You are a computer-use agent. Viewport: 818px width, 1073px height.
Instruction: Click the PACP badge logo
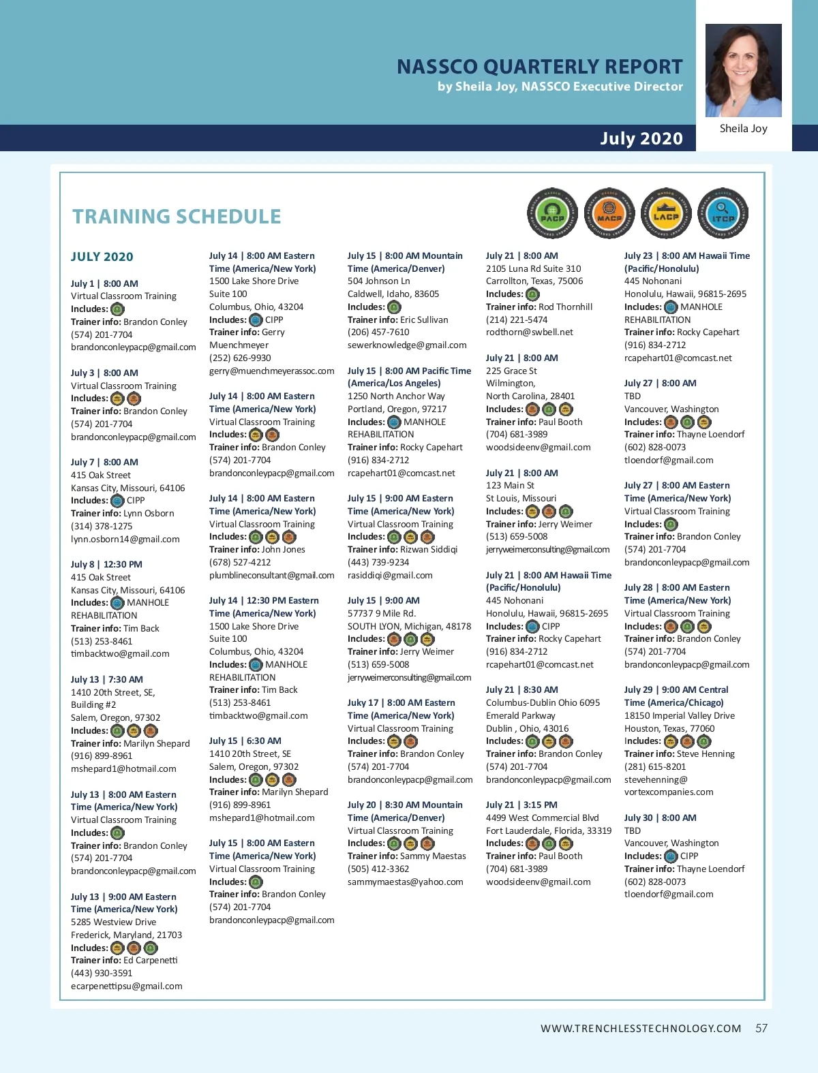click(x=552, y=214)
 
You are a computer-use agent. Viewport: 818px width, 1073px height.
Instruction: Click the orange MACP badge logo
click(x=609, y=214)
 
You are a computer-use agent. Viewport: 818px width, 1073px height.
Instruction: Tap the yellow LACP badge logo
click(x=666, y=214)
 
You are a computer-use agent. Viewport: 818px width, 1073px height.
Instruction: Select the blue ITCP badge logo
click(x=723, y=214)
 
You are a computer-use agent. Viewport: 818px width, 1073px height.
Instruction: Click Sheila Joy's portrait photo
click(x=743, y=70)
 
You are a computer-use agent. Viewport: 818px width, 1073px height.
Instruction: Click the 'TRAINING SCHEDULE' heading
click(x=177, y=217)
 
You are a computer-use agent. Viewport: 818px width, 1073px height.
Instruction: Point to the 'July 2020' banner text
click(x=641, y=138)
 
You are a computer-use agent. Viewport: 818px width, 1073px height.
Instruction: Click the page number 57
click(x=761, y=1028)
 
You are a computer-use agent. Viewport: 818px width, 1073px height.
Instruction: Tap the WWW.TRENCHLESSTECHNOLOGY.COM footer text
click(x=641, y=1029)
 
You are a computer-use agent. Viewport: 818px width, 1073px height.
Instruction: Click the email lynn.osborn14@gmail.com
click(x=125, y=539)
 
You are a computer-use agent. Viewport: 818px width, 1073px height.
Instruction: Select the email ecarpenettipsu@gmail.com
click(x=127, y=986)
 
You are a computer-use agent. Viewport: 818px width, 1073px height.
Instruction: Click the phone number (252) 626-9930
click(x=240, y=358)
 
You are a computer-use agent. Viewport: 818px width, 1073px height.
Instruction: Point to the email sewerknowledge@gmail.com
click(x=407, y=345)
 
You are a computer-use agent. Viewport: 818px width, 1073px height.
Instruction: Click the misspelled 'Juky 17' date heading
click(x=401, y=702)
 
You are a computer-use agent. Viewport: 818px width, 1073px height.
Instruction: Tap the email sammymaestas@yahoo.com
click(x=405, y=882)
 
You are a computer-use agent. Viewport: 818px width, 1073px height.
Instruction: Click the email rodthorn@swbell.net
click(x=529, y=332)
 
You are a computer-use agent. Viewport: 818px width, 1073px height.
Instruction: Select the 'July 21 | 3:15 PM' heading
click(x=521, y=805)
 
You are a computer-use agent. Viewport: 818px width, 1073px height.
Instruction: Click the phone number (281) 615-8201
click(x=655, y=766)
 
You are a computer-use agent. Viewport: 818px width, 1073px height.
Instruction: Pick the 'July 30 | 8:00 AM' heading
click(x=660, y=818)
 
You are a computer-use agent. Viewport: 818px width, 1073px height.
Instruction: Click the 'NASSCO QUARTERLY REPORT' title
click(x=539, y=67)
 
